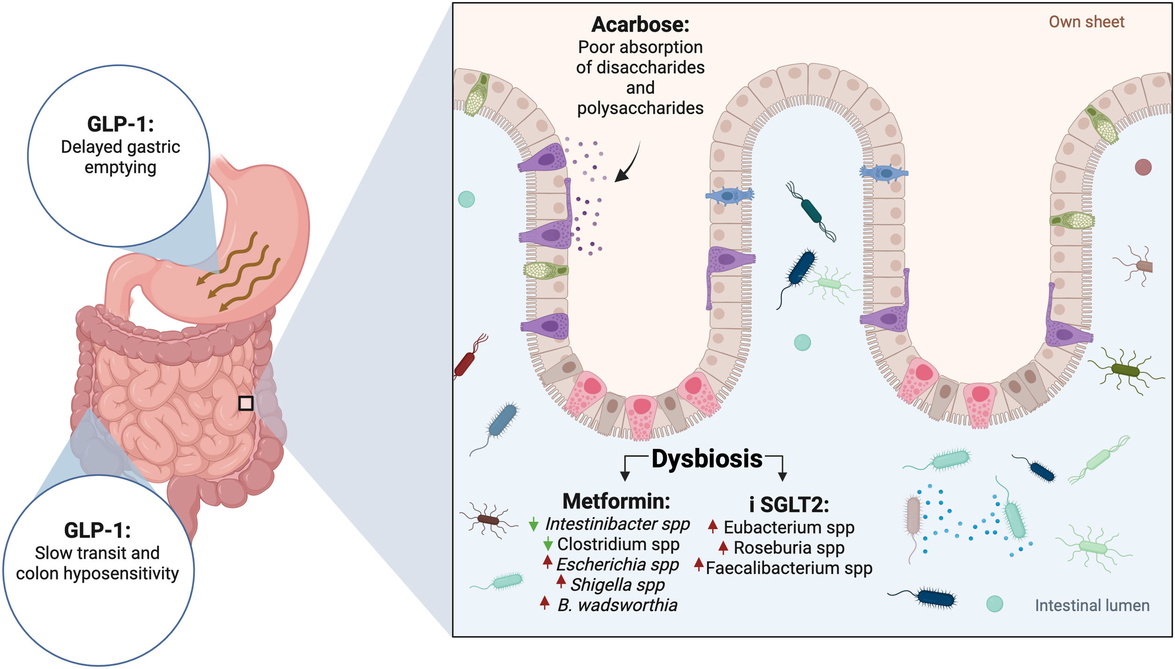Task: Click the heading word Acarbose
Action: click(x=640, y=25)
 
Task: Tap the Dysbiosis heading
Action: click(x=706, y=459)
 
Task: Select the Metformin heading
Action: click(x=616, y=501)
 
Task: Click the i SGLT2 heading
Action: click(x=789, y=505)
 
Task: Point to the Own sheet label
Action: click(x=1086, y=22)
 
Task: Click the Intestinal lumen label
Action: click(x=1092, y=605)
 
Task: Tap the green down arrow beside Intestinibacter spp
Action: click(x=533, y=524)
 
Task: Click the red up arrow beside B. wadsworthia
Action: click(x=544, y=603)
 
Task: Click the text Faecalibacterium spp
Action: click(x=789, y=568)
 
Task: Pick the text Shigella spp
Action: click(x=617, y=585)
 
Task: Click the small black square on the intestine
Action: click(x=246, y=403)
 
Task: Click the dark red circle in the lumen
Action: click(x=1143, y=167)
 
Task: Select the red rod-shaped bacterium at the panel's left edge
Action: click(x=465, y=363)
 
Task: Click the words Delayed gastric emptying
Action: click(x=120, y=157)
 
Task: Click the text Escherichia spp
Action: click(x=617, y=565)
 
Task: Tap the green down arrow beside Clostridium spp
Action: click(x=548, y=544)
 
